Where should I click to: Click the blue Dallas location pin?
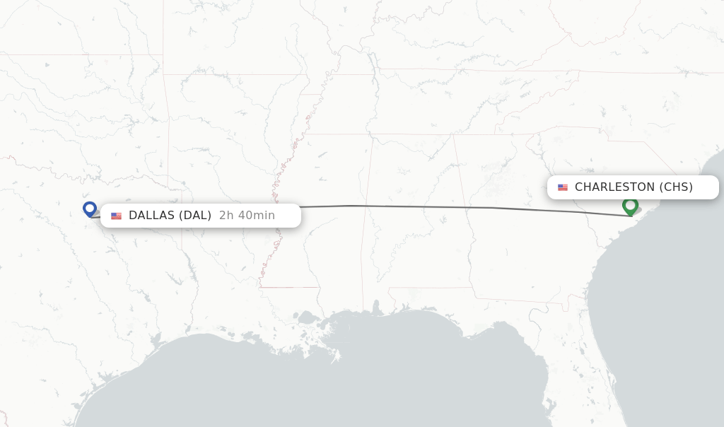90,209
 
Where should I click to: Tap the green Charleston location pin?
630,206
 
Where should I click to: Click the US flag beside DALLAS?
116,216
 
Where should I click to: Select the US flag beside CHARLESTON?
563,187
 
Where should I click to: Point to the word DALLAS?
151,216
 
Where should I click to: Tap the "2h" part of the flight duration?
226,216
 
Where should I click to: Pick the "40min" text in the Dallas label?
256,216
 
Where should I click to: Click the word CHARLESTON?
614,187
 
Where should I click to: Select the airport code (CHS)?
676,187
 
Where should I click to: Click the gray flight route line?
424,206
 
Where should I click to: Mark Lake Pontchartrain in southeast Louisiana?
307,317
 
